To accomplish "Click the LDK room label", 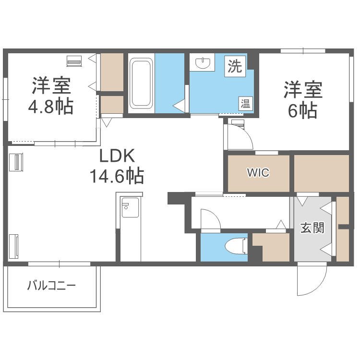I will tap(118, 156).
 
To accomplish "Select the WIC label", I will tap(258, 173).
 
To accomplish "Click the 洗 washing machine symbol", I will tap(235, 66).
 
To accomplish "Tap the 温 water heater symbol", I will tap(245, 103).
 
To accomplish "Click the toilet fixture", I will tap(236, 245).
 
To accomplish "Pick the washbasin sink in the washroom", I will tap(205, 63).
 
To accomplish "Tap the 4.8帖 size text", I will tap(51, 106).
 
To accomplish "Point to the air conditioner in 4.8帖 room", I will tap(74, 61).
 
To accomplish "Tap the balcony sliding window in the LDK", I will tap(59, 264).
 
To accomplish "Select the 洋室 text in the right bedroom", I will tap(303, 90).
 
